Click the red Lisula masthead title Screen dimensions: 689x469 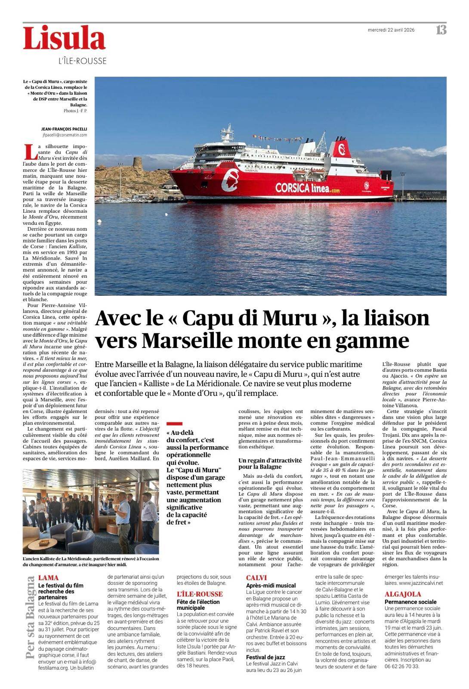coord(64,39)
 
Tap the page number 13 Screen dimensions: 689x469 coord(441,30)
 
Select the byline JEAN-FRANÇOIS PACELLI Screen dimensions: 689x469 coord(64,129)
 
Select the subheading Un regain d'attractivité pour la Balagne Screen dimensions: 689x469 coord(270,463)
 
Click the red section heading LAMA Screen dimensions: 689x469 coord(48,578)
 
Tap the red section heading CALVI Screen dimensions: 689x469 coord(256,578)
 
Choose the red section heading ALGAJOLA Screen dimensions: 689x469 coord(403,594)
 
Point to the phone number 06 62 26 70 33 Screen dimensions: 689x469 coord(401,666)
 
